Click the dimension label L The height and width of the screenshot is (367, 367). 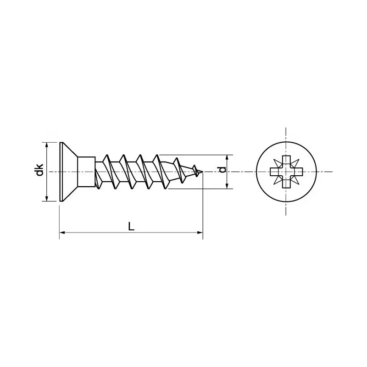tap(131, 226)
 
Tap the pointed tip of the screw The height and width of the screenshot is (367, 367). tap(201, 172)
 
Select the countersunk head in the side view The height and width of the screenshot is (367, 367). tap(69, 172)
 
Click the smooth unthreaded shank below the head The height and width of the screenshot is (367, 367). tap(86, 172)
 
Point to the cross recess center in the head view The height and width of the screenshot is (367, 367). tap(286, 172)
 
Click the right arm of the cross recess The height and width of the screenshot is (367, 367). tap(297, 172)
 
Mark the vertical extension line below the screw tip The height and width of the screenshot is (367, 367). tap(203, 206)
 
